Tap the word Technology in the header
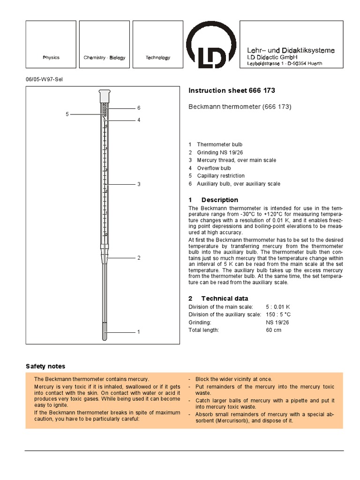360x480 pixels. (157, 58)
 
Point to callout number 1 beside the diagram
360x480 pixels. (139, 332)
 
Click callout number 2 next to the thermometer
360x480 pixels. (139, 258)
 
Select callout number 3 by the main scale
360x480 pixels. (139, 184)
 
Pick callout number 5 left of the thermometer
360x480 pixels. (67, 114)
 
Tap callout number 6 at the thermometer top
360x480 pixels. (139, 108)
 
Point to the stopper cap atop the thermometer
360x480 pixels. (104, 96)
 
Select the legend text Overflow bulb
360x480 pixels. (214, 168)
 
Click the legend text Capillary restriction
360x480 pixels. (221, 176)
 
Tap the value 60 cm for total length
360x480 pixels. (274, 330)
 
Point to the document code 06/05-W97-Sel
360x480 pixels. (44, 79)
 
